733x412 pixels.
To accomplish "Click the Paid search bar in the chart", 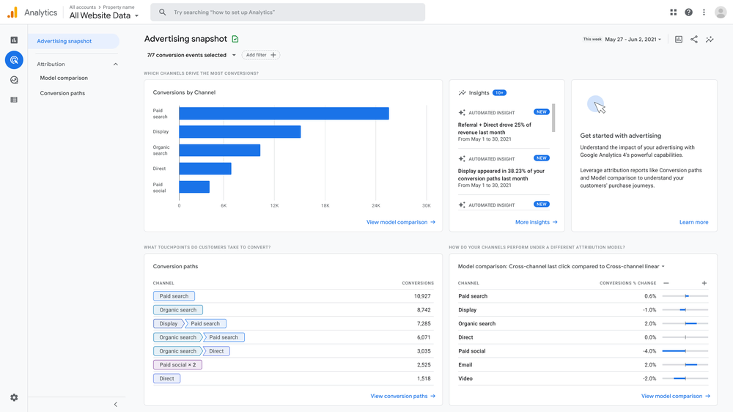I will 284,114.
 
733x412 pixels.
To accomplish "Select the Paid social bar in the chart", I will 194,187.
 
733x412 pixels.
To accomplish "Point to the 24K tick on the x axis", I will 376,206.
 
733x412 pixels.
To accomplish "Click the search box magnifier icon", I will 163,12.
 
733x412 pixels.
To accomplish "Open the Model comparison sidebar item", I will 64,78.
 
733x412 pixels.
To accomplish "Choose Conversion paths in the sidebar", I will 62,93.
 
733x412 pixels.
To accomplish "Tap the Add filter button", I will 261,55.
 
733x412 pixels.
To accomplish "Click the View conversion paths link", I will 402,396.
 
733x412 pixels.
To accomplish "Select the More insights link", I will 536,222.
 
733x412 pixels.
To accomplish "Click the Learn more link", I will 693,222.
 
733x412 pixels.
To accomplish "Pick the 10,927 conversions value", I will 421,296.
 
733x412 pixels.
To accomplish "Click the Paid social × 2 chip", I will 177,364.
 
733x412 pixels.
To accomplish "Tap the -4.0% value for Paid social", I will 649,351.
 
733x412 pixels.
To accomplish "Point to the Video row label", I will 465,378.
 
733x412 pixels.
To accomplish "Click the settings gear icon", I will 14,397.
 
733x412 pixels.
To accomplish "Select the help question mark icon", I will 688,12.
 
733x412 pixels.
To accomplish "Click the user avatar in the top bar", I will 720,12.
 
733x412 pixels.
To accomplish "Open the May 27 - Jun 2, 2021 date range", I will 633,40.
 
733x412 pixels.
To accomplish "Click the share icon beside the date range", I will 694,40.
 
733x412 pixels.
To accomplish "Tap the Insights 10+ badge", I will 499,93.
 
